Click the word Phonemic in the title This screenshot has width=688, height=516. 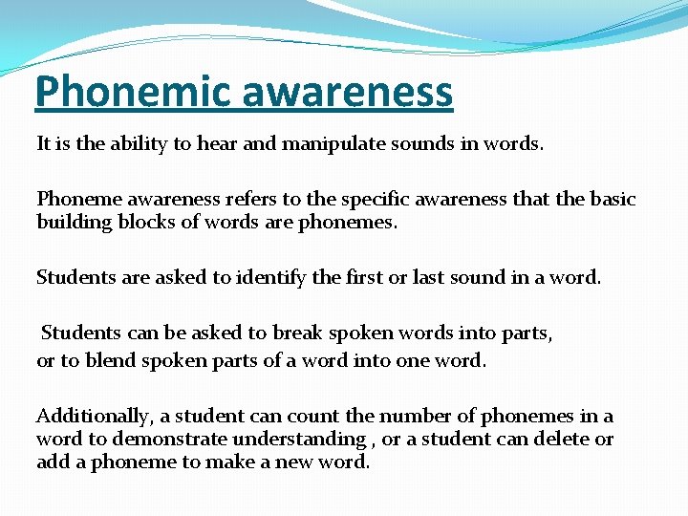(x=135, y=92)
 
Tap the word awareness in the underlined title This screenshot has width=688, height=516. (x=348, y=92)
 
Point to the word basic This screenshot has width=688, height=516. (x=610, y=199)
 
